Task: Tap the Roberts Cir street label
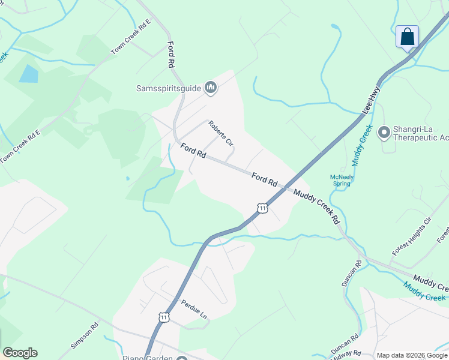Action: pos(220,133)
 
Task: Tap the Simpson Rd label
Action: pos(85,338)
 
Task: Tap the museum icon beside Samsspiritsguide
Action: pos(210,88)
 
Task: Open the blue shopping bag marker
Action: pos(408,37)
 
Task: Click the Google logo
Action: pos(20,353)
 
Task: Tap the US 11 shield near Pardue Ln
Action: pos(164,316)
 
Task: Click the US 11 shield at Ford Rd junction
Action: pos(262,208)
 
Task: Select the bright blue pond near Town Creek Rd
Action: pos(28,74)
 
